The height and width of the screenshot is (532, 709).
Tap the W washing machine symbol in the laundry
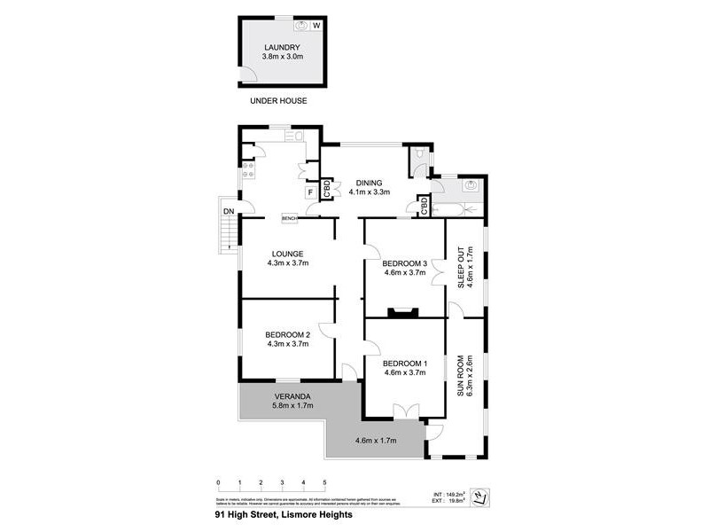(x=316, y=27)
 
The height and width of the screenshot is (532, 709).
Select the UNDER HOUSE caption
(x=278, y=101)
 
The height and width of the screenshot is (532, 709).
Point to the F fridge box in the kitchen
(x=310, y=192)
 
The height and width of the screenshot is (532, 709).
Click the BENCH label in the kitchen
(x=290, y=218)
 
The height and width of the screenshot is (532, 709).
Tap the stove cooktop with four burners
(x=247, y=168)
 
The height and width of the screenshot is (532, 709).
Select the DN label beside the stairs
(x=228, y=211)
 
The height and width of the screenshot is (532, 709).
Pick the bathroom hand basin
(x=471, y=185)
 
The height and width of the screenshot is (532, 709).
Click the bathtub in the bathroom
(x=457, y=209)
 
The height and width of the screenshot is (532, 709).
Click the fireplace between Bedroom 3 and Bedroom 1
(x=405, y=310)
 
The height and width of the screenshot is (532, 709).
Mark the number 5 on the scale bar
(x=324, y=483)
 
